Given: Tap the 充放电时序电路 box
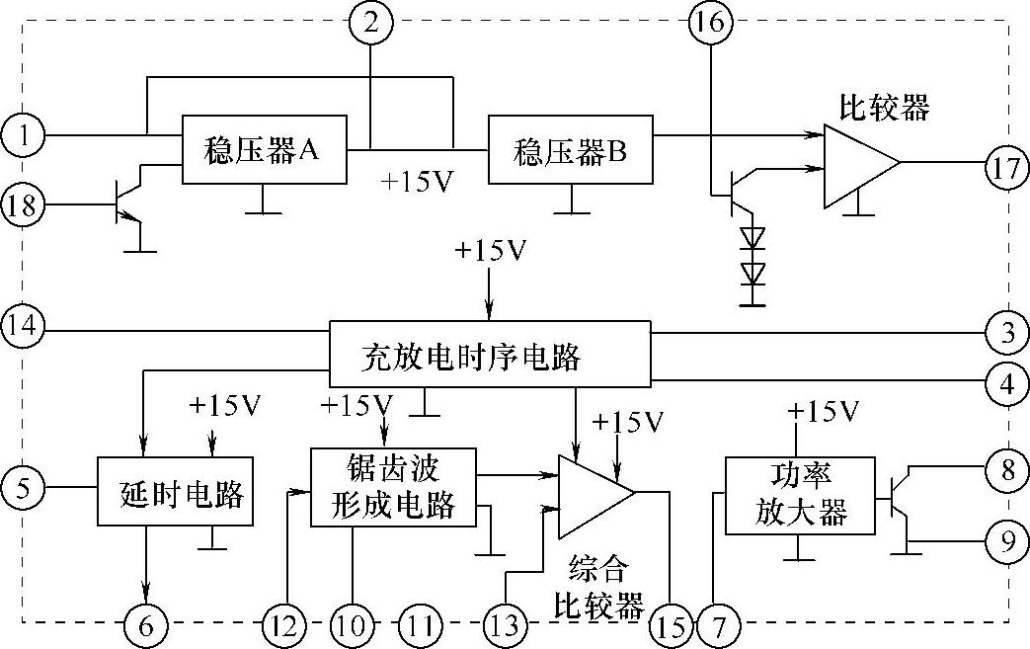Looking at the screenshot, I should (x=490, y=353).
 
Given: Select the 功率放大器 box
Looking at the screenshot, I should (x=800, y=495).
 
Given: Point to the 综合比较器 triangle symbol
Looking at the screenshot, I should (x=594, y=493).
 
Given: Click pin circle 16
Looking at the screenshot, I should (x=709, y=22).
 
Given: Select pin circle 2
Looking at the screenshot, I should (x=369, y=22).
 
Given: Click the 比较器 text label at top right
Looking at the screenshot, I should (x=884, y=106).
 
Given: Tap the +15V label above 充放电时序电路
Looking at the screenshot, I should (x=491, y=251).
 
